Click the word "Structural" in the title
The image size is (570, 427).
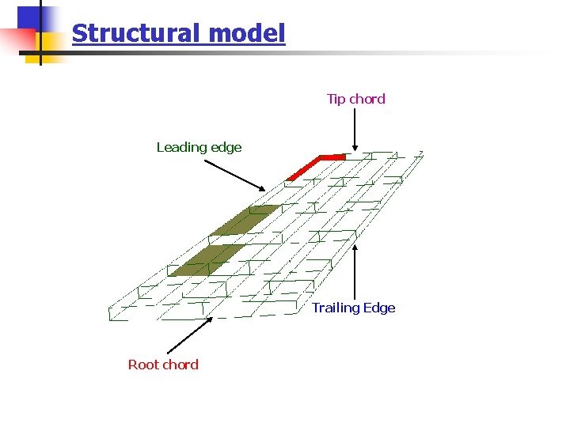point(137,33)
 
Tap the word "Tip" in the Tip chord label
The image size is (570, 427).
point(336,99)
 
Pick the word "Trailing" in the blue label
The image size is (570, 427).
point(336,308)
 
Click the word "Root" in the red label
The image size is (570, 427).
point(143,365)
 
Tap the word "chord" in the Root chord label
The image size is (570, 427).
point(180,365)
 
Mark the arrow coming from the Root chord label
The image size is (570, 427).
point(190,335)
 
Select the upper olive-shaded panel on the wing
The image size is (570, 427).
point(245,220)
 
